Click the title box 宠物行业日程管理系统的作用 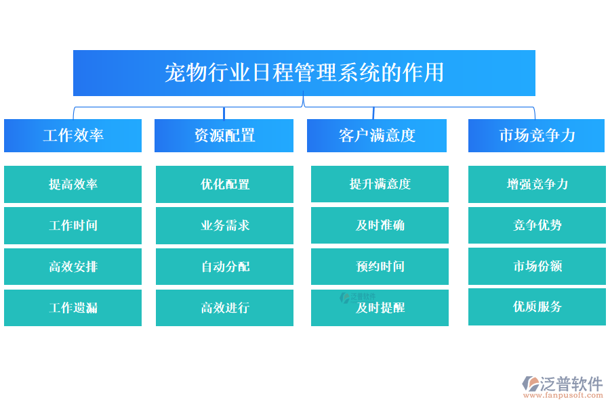point(304,72)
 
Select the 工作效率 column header point(73,135)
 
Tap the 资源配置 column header point(224,135)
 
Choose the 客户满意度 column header point(376,135)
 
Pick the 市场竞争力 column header point(536,135)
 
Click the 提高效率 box point(73,184)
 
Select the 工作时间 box point(73,225)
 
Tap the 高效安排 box point(73,267)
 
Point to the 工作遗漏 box point(73,308)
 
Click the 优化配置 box point(224,184)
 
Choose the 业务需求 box point(224,225)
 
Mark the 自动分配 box point(224,267)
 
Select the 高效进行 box point(224,308)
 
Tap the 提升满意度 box point(380,184)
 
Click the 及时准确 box point(380,225)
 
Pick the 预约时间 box point(380,267)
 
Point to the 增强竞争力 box point(537,184)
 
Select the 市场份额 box point(537,266)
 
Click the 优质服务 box point(537,307)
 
